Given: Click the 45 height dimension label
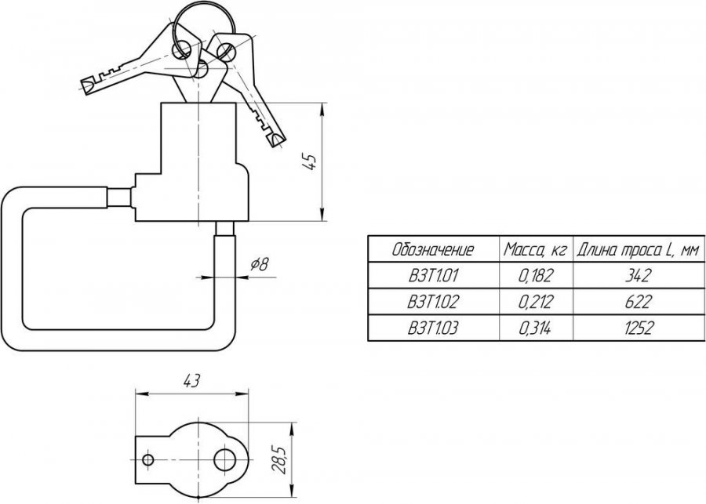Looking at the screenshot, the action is pos(310,162).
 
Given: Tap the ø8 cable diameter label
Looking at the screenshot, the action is pos(260,264).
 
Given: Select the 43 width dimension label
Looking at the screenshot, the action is pos(191,381).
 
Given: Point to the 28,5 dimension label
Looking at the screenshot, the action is pos(279,459).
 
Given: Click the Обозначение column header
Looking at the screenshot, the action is pos(433,249).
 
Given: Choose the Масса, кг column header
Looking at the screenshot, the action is pos(535,249).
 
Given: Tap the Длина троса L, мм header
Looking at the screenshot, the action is pos(639,249).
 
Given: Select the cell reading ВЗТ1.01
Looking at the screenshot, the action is pos(433,275).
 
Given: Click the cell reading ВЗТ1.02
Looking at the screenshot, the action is pos(433,302).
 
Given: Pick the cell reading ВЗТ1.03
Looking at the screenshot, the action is pos(433,328).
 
